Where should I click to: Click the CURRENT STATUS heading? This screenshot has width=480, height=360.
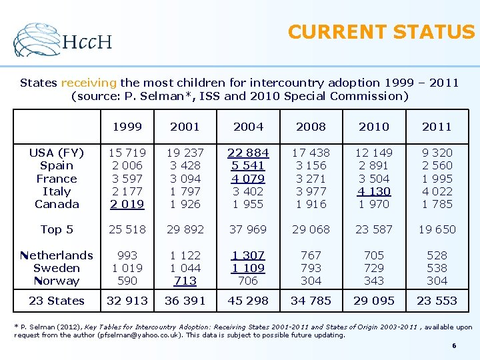(381, 32)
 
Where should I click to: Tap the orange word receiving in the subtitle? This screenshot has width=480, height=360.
(89, 83)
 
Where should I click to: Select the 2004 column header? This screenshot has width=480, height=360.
(248, 127)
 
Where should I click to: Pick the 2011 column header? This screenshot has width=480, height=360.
(437, 127)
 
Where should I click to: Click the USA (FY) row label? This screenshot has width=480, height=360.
(57, 153)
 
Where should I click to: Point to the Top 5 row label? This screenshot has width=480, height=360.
(57, 229)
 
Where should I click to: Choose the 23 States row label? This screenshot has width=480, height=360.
(57, 301)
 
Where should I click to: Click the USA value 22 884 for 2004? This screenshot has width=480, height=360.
(248, 153)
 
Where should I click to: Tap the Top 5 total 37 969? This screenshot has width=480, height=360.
(248, 229)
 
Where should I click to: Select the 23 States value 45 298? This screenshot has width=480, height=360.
(248, 301)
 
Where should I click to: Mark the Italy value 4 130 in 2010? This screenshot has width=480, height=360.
(374, 191)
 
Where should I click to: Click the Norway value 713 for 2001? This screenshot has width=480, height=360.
(185, 281)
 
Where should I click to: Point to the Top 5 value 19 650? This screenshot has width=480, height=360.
(437, 229)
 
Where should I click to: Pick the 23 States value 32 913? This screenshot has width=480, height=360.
(127, 301)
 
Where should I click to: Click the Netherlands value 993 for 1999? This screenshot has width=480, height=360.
(127, 255)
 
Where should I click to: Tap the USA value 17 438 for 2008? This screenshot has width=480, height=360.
(311, 153)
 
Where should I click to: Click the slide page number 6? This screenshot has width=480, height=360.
(454, 346)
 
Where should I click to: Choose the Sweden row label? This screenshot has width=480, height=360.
(57, 268)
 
